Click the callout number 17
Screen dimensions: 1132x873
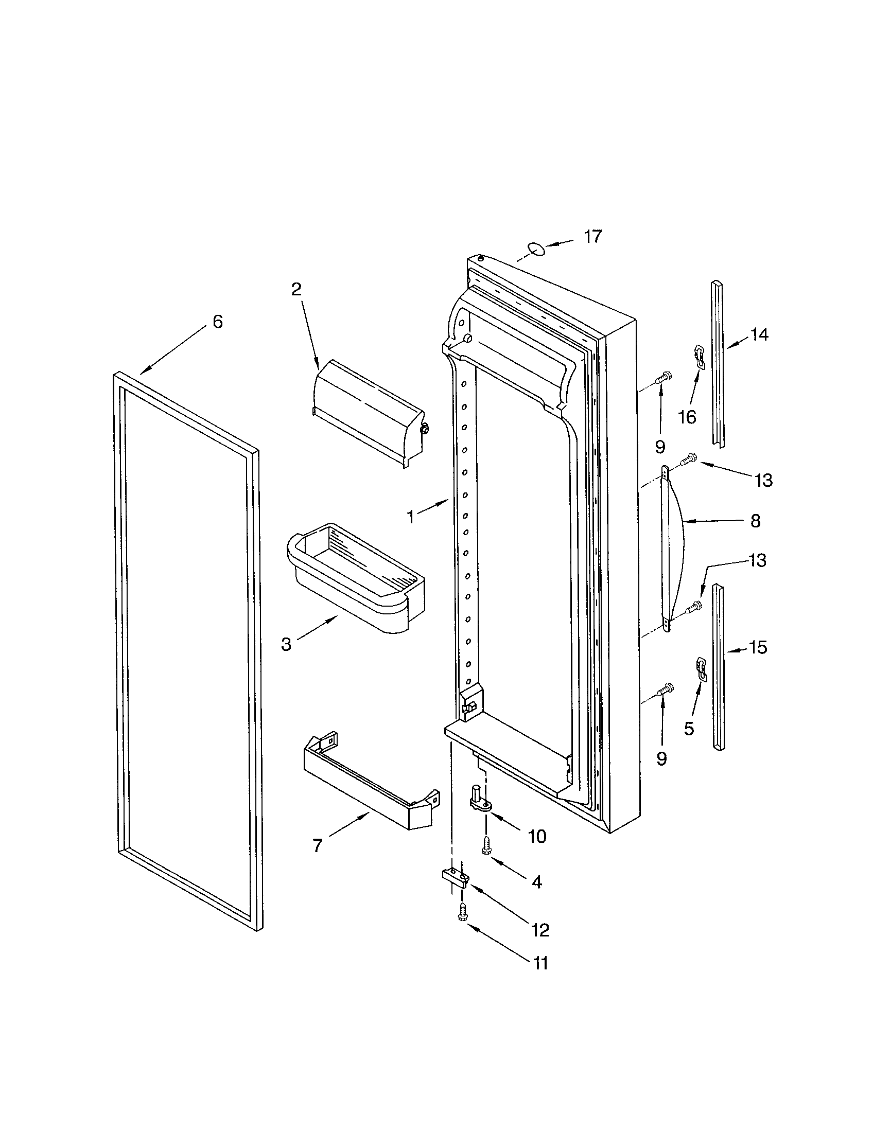click(592, 236)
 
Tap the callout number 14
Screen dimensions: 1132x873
click(759, 335)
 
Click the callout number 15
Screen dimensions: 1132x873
click(758, 648)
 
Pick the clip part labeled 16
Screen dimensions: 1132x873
click(700, 357)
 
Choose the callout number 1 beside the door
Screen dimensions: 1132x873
click(411, 517)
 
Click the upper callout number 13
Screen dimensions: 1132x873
click(763, 481)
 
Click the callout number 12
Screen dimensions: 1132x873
click(539, 930)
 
